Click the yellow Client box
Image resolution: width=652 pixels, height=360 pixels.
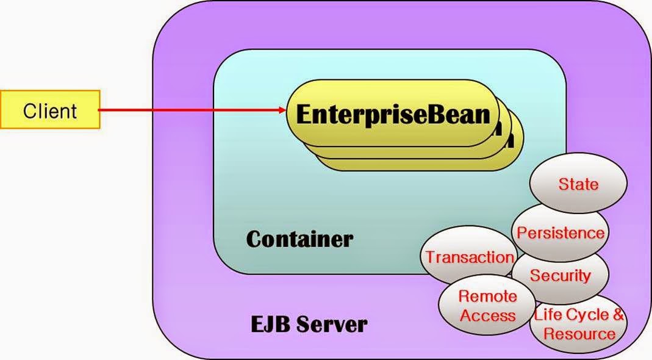(50, 110)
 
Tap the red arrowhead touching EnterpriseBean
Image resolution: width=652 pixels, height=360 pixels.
(282, 110)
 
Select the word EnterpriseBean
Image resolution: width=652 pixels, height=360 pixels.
(393, 113)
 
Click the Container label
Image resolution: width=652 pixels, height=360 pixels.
(299, 239)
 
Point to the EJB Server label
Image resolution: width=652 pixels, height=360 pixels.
(309, 323)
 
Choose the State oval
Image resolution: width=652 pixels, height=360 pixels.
(578, 184)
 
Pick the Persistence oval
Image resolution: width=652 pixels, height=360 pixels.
(561, 232)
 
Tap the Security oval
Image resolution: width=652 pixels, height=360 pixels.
(560, 275)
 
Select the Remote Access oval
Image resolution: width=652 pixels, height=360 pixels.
(487, 306)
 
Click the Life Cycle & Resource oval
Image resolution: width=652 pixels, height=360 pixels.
(579, 324)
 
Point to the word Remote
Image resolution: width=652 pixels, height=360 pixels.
(487, 297)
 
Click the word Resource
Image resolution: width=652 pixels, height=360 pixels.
(579, 334)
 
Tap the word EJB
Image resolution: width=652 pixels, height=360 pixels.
(270, 323)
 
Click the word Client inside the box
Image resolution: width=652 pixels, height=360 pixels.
(50, 110)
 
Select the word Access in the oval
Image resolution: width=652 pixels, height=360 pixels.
(487, 315)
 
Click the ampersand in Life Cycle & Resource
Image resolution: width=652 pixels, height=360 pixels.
(618, 315)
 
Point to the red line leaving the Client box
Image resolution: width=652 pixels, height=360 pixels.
(183, 110)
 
